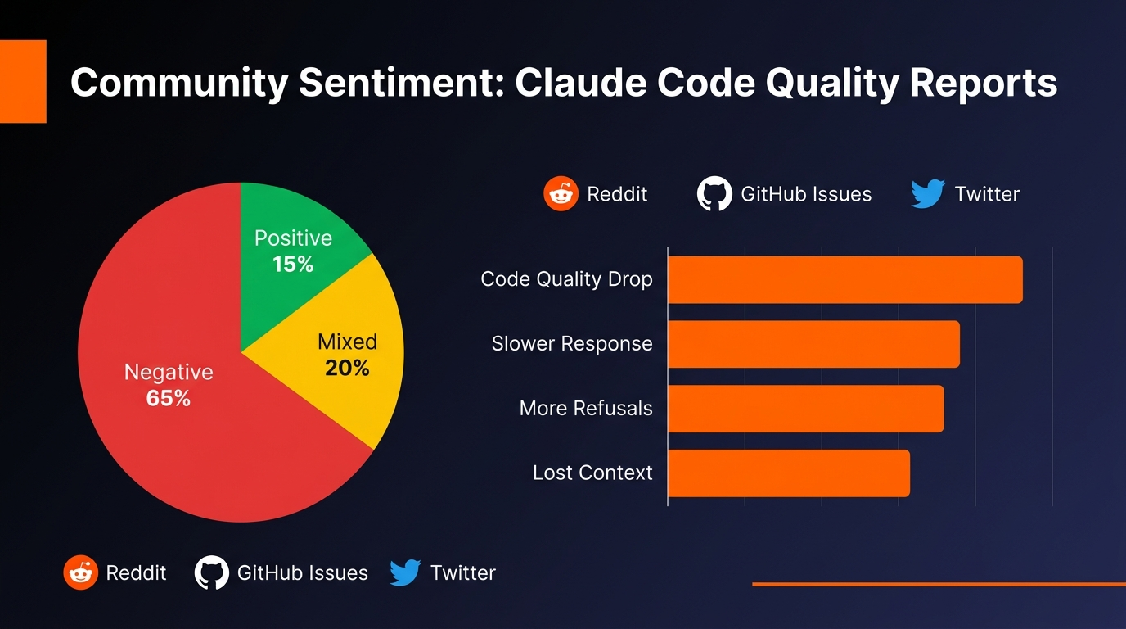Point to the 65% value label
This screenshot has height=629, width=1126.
click(x=169, y=399)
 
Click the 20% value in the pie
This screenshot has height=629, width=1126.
click(x=347, y=369)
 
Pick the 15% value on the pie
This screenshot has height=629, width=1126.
click(x=293, y=265)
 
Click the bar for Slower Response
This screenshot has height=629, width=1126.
click(x=813, y=344)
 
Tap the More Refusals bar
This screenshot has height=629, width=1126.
click(x=805, y=408)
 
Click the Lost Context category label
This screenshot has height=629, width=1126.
click(x=592, y=473)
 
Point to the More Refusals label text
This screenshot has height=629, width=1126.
click(x=586, y=408)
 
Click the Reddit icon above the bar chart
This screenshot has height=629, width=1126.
click(x=561, y=194)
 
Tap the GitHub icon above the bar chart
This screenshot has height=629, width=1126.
click(x=714, y=194)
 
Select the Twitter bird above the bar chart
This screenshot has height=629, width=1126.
click(x=928, y=194)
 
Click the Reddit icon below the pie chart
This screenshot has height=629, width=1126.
click(x=80, y=572)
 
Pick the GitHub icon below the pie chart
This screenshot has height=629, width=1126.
click(x=211, y=572)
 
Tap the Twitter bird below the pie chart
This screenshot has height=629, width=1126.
click(x=405, y=572)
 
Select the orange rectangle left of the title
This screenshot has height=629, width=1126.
click(x=23, y=81)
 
